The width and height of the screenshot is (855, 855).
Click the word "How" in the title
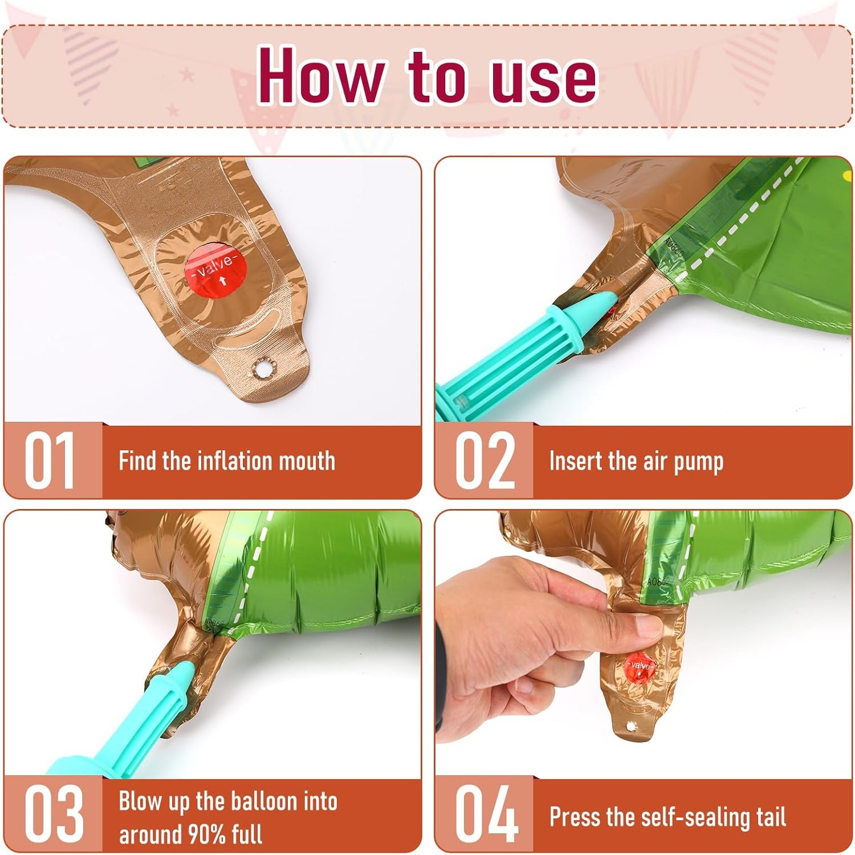[321, 75]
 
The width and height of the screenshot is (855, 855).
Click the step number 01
[50, 460]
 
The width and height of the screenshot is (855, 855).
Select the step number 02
[484, 460]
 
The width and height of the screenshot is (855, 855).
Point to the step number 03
[54, 813]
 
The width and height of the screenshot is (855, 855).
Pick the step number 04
[486, 813]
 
